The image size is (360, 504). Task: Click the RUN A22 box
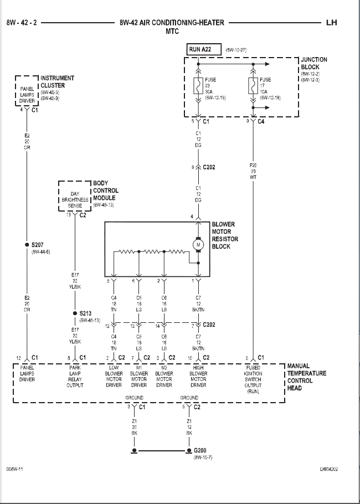pos(203,49)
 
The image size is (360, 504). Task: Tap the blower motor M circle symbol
pos(198,244)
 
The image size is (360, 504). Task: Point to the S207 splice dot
pos(26,245)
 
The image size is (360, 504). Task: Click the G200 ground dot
pos(188,451)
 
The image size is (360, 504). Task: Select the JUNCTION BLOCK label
pos(313,63)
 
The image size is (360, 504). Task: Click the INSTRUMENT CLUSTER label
pos(56,82)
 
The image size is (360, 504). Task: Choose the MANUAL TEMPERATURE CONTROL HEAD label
pos(306,377)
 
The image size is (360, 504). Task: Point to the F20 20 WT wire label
pos(253,171)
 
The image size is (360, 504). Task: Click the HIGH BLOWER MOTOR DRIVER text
pos(198,377)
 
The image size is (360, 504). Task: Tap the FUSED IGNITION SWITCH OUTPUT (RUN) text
pos(254,379)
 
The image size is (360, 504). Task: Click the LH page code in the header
pos(331,23)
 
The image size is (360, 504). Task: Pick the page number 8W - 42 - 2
pos(22,23)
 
